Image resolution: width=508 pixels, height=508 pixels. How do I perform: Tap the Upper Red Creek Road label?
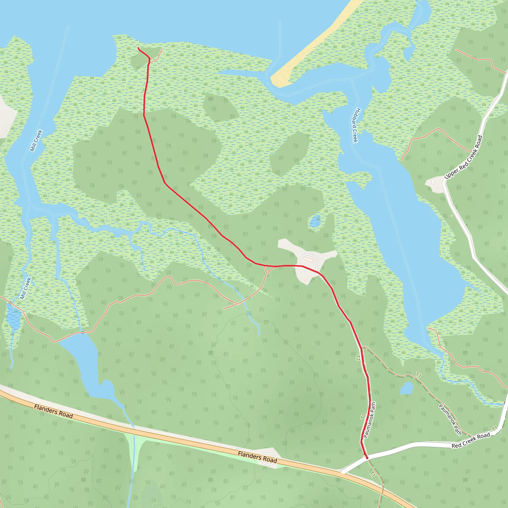(463, 157)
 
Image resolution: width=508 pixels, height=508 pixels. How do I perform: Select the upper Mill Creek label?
(36, 141)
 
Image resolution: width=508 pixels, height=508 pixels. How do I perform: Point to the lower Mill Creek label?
(26, 288)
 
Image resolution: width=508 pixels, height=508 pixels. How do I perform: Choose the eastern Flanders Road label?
(257, 457)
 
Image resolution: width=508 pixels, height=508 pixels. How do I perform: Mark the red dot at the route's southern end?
(367, 458)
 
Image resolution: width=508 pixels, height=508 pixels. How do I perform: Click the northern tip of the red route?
(138, 48)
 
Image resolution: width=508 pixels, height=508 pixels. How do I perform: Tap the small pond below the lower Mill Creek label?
(14, 317)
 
